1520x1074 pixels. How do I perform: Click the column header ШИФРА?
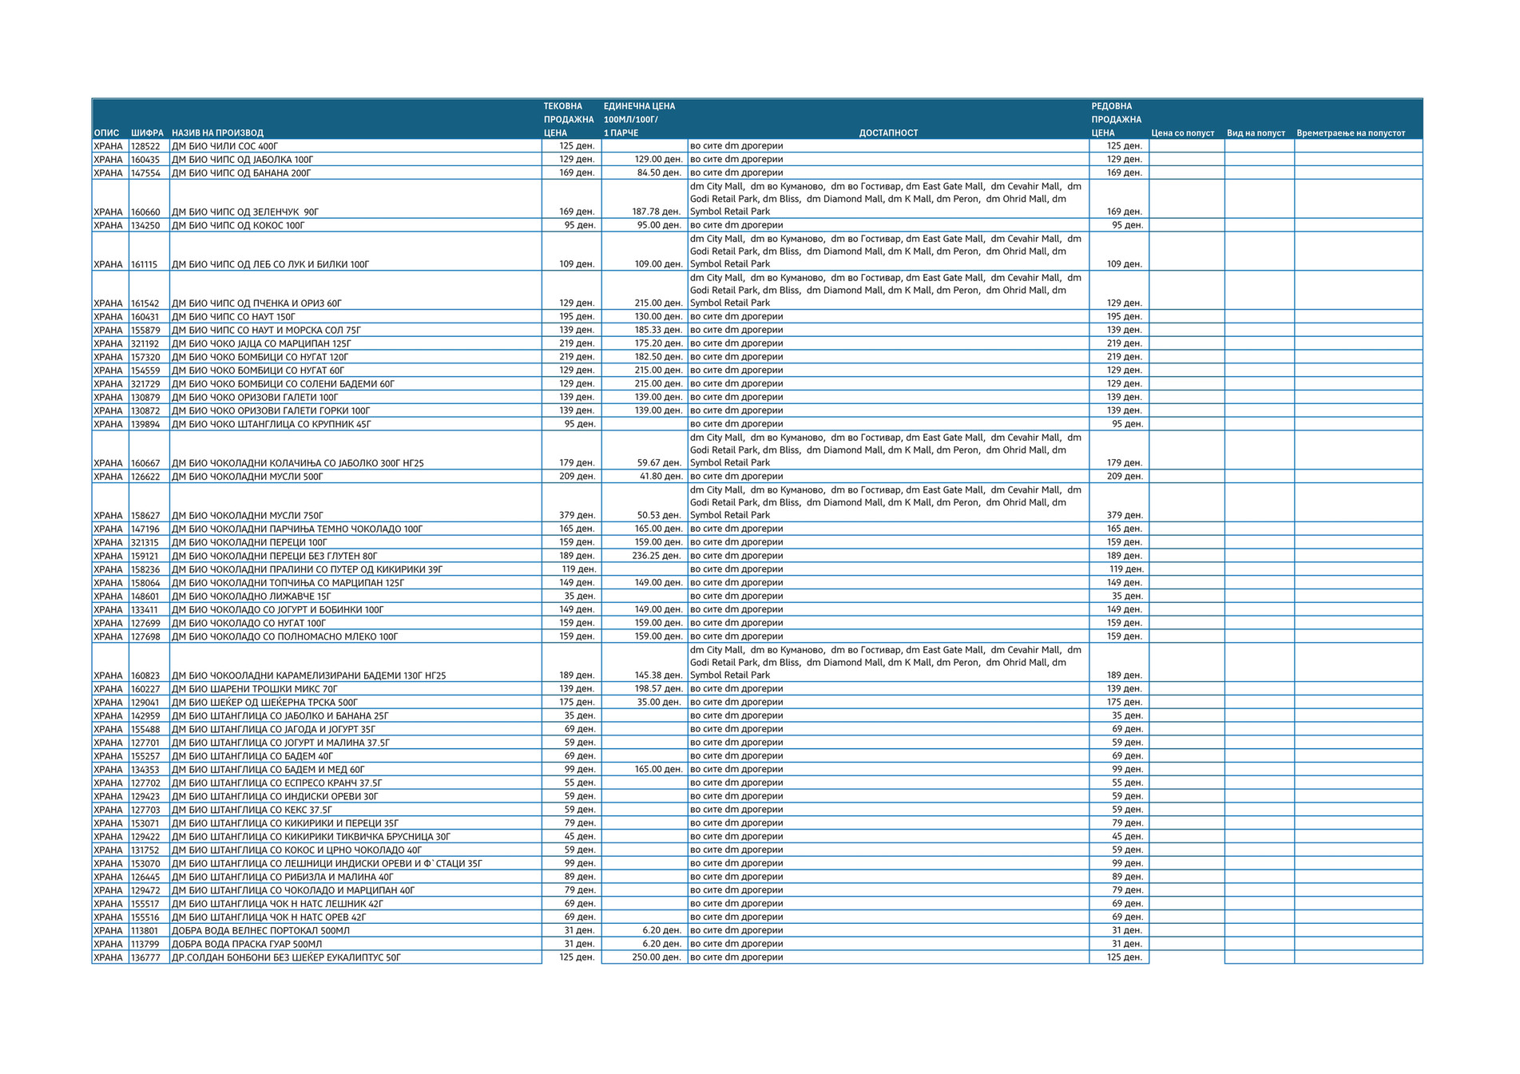[x=147, y=133]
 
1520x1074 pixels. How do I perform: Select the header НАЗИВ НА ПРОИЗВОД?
[x=217, y=133]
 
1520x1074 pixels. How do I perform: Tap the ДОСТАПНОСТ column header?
[x=888, y=133]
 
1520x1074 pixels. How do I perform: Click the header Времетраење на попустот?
[x=1351, y=133]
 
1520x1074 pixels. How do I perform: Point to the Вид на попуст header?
[x=1256, y=133]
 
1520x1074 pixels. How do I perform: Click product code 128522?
[x=145, y=146]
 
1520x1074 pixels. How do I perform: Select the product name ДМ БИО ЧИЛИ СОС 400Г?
[x=225, y=146]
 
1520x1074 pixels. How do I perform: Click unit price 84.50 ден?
[x=658, y=172]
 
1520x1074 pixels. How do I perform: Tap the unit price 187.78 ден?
[x=656, y=212]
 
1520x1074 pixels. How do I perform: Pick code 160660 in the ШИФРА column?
[x=145, y=212]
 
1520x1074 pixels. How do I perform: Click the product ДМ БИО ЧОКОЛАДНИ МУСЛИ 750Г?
[x=248, y=515]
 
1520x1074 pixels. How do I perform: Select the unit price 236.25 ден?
[x=656, y=556]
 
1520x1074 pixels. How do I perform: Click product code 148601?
[x=145, y=596]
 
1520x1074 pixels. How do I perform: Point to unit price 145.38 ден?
[x=656, y=676]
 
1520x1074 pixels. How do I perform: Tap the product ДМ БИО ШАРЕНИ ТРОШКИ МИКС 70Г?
[x=255, y=688]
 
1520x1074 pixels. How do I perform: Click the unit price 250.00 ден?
[x=656, y=957]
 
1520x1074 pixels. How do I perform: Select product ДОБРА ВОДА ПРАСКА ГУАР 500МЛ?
[x=247, y=944]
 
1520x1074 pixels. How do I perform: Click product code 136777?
[x=145, y=957]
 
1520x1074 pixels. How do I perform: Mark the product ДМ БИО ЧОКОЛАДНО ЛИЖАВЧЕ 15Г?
[x=252, y=596]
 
